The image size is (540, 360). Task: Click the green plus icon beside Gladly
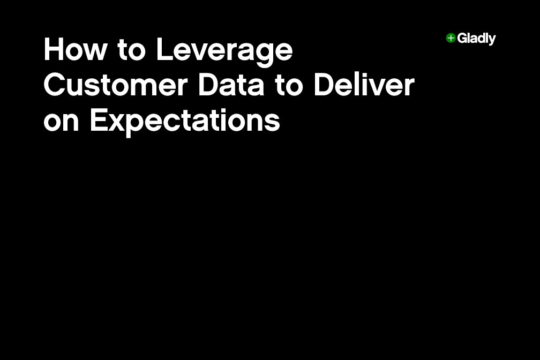pyautogui.click(x=451, y=38)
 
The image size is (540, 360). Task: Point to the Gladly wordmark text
pyautogui.click(x=476, y=39)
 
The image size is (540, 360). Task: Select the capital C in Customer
pyautogui.click(x=54, y=86)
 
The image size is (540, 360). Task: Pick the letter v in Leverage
pyautogui.click(x=200, y=52)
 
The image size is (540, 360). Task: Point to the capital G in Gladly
pyautogui.click(x=462, y=38)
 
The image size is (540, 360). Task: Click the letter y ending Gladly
pyautogui.click(x=492, y=41)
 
